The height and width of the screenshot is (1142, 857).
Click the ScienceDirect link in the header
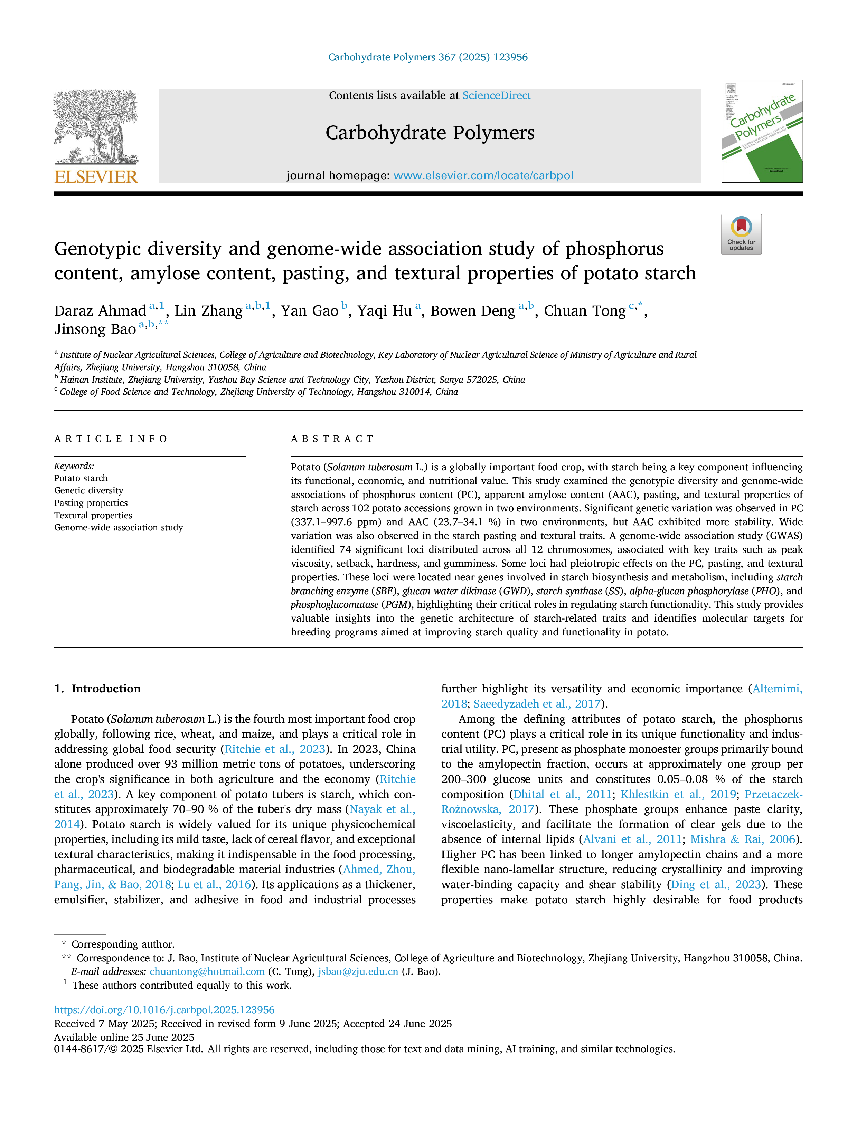(x=497, y=96)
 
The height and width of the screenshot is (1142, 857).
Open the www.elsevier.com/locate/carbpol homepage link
(x=483, y=175)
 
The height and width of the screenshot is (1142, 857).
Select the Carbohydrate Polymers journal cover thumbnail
(x=762, y=131)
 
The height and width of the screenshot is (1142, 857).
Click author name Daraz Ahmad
(x=100, y=311)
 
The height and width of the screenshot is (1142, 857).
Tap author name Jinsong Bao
(x=95, y=329)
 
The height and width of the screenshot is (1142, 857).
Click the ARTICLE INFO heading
(x=111, y=439)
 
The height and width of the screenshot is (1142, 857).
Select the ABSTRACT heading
(x=332, y=439)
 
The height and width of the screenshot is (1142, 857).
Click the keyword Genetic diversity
(x=89, y=490)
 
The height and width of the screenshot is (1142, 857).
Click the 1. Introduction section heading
(x=98, y=689)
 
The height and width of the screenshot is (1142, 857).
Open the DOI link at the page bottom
(x=164, y=1010)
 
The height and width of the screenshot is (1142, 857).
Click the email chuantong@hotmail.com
(x=207, y=972)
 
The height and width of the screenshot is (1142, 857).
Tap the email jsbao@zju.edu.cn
(x=358, y=972)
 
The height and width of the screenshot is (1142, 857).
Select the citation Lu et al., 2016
(x=214, y=884)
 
